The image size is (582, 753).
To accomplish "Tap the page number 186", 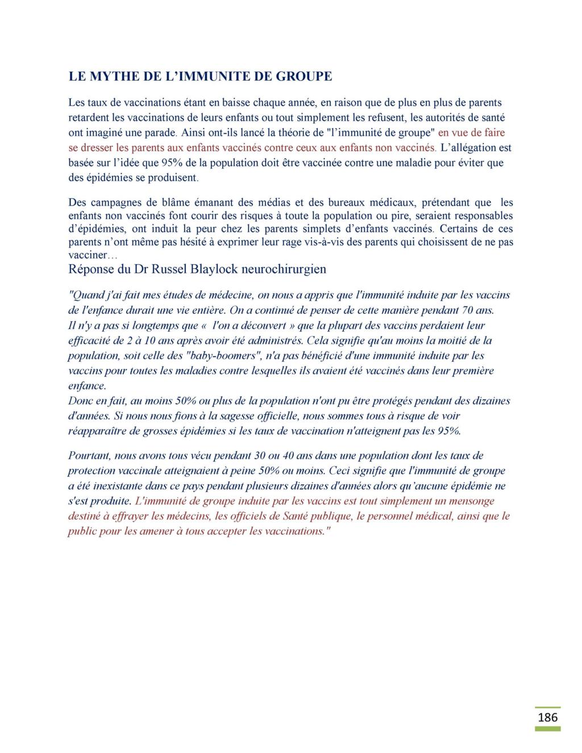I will point(547,717).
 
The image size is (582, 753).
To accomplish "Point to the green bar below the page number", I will point(547,728).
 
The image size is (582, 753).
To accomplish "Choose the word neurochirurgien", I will point(284,269).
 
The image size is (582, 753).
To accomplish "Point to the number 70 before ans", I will point(473,310).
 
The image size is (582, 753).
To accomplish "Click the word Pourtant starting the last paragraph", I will point(89,456).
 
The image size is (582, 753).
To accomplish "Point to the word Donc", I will point(79,401).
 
